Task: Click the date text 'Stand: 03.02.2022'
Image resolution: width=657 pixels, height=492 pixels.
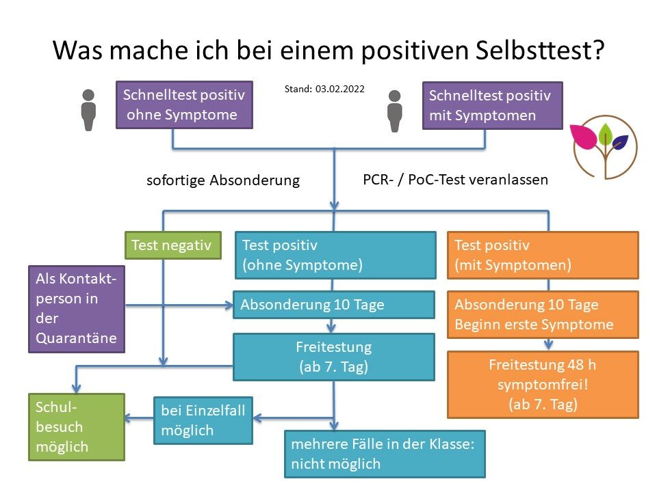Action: click(x=324, y=89)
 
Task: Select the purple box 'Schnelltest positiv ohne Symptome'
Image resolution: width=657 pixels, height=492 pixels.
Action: click(x=184, y=105)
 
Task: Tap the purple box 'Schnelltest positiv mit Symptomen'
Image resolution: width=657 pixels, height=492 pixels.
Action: click(x=492, y=105)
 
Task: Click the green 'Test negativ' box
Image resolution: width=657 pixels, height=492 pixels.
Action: click(x=173, y=245)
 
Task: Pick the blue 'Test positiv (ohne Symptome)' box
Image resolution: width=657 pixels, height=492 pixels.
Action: click(x=335, y=255)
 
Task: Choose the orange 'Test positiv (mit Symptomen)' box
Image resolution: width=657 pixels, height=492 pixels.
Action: click(x=543, y=255)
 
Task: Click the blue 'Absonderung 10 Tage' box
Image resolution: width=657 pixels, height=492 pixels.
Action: click(x=333, y=305)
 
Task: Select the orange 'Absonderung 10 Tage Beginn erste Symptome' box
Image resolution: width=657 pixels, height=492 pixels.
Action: click(x=543, y=314)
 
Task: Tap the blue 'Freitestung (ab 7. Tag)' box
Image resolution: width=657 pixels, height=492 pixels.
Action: click(x=333, y=357)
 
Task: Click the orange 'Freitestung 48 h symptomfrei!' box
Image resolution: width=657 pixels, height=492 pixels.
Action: click(x=543, y=385)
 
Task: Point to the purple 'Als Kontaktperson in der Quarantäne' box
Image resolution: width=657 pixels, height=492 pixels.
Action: click(x=77, y=309)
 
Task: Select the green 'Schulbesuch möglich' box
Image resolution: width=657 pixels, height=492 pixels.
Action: click(x=77, y=427)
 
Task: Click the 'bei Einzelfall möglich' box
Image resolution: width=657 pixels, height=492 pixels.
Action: click(x=203, y=420)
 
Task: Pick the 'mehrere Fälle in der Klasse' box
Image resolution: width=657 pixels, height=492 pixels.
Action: click(x=385, y=454)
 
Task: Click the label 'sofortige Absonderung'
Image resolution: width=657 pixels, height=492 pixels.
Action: click(x=223, y=180)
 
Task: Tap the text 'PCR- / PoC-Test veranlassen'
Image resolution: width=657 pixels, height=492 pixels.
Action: click(x=456, y=180)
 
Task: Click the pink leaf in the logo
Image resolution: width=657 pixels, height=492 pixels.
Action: click(x=584, y=136)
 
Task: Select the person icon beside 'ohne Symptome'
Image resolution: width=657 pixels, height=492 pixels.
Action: click(x=88, y=110)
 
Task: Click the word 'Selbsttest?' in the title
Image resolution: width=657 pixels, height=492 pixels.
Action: click(x=540, y=50)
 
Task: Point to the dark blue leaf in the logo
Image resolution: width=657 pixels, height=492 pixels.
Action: click(x=620, y=141)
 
